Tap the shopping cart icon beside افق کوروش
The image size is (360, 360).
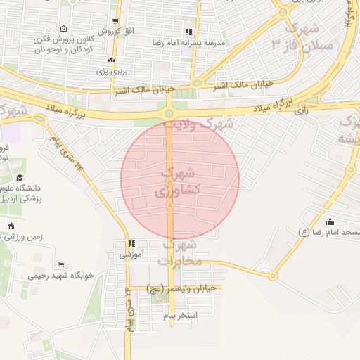(x=116, y=21)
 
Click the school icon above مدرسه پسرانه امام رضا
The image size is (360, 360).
(x=188, y=32)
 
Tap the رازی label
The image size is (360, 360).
(x=302, y=110)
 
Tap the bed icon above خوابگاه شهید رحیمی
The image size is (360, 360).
(x=61, y=264)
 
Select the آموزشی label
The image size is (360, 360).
(x=131, y=253)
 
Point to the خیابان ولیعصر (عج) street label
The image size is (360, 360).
(x=183, y=288)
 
